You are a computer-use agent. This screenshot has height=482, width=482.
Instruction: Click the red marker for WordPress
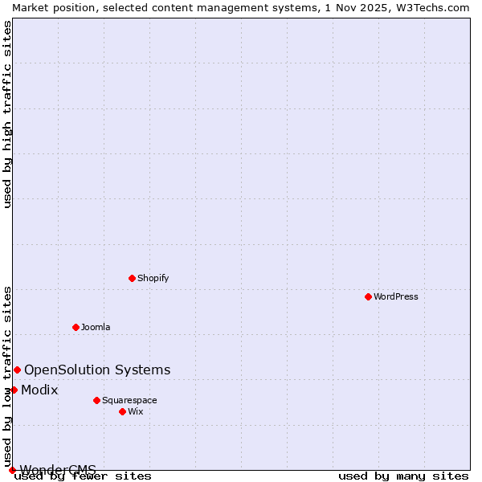(x=368, y=296)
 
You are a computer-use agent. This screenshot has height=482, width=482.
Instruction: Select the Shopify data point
(x=132, y=278)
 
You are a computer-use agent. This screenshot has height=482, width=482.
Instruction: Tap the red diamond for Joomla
(x=76, y=327)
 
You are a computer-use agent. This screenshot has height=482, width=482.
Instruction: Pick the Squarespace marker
(x=96, y=400)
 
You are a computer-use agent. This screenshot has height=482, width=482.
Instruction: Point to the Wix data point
(x=122, y=411)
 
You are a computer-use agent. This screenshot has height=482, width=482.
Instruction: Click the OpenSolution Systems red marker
(x=17, y=370)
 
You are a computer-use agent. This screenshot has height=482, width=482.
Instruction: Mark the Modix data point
(x=14, y=390)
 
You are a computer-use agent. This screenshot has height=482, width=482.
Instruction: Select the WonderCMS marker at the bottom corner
(x=12, y=470)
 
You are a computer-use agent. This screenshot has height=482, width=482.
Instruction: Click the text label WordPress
(x=396, y=296)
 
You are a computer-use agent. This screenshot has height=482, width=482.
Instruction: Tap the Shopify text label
(x=153, y=278)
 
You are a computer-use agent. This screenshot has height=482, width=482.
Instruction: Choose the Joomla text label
(x=96, y=327)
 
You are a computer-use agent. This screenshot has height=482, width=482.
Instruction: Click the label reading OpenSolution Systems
(x=97, y=370)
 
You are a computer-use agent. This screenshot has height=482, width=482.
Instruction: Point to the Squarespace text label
(x=129, y=400)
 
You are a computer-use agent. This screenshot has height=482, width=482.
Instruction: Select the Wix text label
(x=136, y=411)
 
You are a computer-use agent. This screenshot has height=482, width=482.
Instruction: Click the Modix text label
(x=39, y=390)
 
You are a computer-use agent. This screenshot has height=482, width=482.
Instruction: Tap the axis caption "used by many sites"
(x=403, y=476)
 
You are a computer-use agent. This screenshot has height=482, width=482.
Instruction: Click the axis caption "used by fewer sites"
(x=84, y=476)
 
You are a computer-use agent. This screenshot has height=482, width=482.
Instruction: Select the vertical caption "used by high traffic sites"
(x=7, y=114)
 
